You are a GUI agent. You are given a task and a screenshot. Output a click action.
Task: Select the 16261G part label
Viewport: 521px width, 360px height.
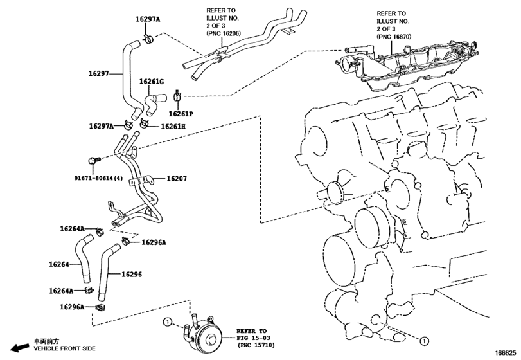(x=152, y=82)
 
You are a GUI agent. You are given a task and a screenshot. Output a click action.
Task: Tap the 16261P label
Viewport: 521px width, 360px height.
(x=181, y=114)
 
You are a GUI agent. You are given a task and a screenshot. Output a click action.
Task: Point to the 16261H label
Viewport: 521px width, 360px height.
(x=173, y=127)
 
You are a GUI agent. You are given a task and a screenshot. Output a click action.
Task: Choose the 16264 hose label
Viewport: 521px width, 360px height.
(x=59, y=264)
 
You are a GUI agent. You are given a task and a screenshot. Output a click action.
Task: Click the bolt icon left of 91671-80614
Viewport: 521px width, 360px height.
(x=90, y=158)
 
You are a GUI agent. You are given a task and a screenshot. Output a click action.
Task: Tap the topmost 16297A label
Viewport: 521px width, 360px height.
(x=148, y=20)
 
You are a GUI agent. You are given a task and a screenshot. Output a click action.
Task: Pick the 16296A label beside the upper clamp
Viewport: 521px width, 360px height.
(x=154, y=242)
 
